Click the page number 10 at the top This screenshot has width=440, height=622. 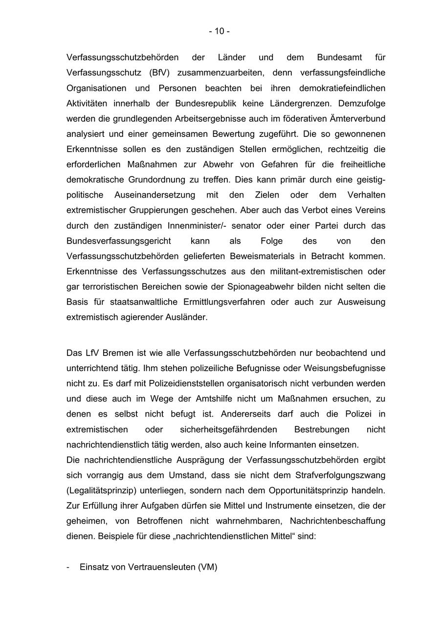(x=220, y=31)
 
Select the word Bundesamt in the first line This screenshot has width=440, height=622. (x=339, y=57)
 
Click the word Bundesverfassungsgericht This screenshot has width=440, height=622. (x=118, y=241)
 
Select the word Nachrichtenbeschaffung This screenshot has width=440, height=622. (x=337, y=521)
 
